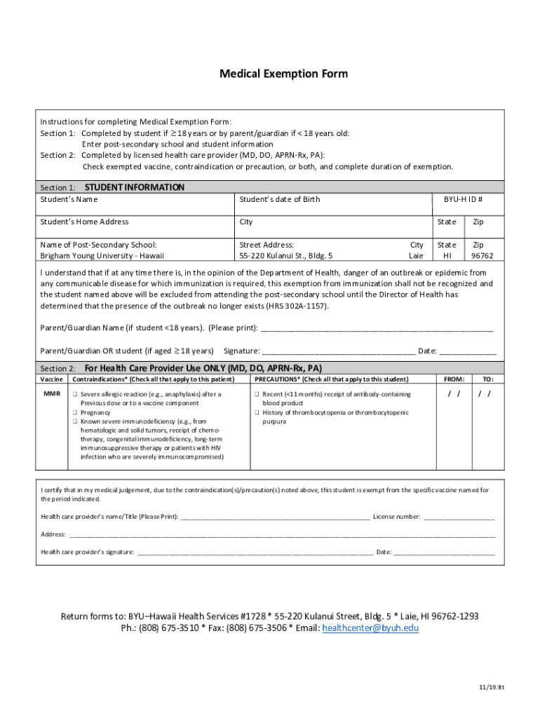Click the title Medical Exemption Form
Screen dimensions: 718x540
[x=283, y=74]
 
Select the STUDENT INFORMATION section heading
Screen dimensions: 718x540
[x=134, y=187]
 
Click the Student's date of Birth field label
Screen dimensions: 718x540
[x=279, y=200]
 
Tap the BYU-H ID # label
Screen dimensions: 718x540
[x=463, y=200]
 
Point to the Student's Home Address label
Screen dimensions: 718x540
[x=84, y=222]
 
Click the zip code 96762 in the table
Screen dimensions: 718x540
[x=482, y=256]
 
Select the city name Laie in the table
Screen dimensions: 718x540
[x=416, y=256]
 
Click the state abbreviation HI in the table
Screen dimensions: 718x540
[x=447, y=256]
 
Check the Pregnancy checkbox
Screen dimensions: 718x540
[x=74, y=413]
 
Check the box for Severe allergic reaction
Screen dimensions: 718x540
[x=74, y=394]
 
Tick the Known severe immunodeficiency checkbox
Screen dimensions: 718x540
[x=74, y=422]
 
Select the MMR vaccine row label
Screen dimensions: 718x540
[x=51, y=394]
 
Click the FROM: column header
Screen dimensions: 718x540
[x=454, y=379]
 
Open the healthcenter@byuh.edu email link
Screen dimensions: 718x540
[x=370, y=628]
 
